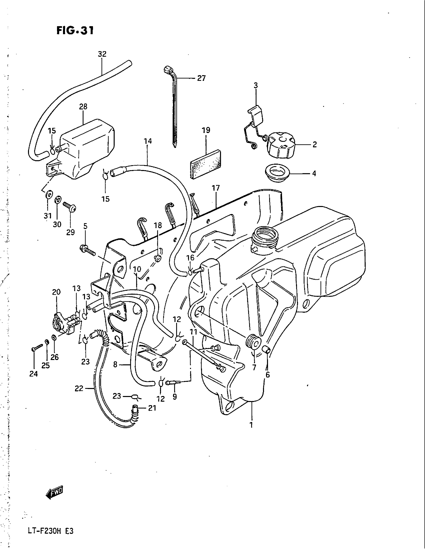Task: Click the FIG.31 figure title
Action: tap(75, 31)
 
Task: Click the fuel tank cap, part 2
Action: tap(280, 146)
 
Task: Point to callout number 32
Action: tap(102, 54)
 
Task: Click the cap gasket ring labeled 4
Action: tap(277, 173)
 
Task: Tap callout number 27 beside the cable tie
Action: tap(201, 78)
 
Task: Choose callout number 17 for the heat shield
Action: tap(216, 187)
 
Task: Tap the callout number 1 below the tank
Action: tap(251, 425)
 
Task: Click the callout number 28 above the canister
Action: tap(83, 107)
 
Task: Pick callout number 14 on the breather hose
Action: tap(148, 141)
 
